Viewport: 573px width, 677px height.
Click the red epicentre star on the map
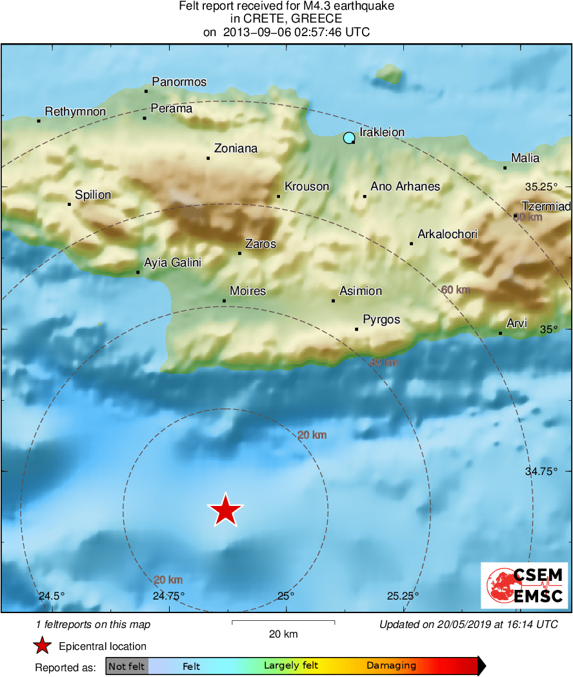(225, 510)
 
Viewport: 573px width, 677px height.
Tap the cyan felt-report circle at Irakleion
(349, 137)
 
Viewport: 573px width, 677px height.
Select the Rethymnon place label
(75, 112)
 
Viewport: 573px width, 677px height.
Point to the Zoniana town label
(236, 148)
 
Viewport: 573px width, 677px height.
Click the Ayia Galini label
(172, 263)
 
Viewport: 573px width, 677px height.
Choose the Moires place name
(248, 291)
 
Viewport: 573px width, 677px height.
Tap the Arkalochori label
(447, 234)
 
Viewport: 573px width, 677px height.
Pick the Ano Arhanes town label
(405, 187)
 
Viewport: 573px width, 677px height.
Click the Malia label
(525, 158)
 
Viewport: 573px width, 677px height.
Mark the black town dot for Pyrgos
(356, 329)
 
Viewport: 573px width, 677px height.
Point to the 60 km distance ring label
(456, 290)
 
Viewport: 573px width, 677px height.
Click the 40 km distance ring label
(383, 363)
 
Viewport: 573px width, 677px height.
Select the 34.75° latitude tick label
(541, 472)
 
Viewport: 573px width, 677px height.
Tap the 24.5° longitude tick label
(52, 596)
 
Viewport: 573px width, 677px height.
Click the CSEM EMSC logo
(524, 585)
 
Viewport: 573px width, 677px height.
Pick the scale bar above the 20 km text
(283, 622)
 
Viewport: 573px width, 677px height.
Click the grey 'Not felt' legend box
(126, 666)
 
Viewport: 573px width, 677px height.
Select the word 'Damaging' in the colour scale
(391, 666)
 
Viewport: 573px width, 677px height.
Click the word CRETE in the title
(261, 19)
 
